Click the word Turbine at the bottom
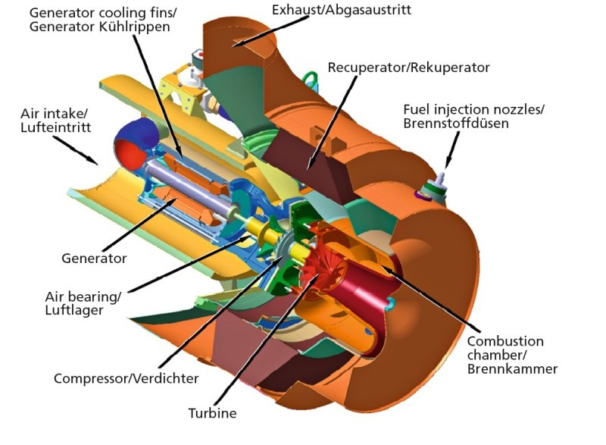[x=212, y=414]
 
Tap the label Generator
[x=94, y=259]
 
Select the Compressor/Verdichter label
[x=127, y=378]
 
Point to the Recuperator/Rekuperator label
[x=409, y=67]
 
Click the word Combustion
[x=504, y=341]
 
